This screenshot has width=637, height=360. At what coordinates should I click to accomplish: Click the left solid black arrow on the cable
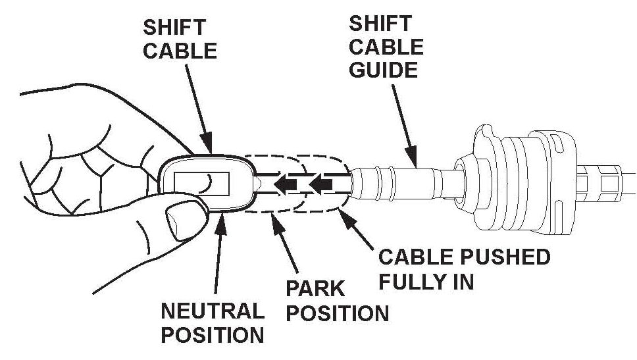tap(285, 185)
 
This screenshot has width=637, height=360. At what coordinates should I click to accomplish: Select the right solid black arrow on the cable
tap(321, 185)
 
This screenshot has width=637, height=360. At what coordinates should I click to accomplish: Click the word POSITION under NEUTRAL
tap(213, 334)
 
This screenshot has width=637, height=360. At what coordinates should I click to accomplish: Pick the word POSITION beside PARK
tap(338, 313)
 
